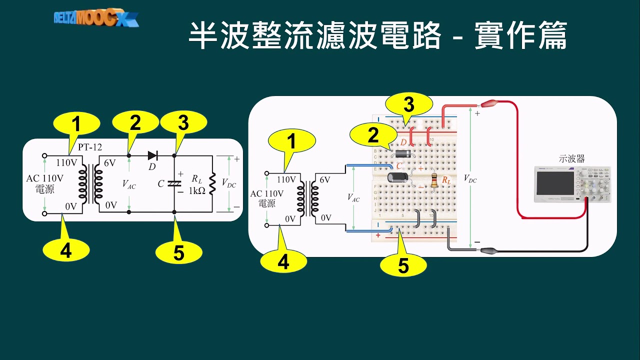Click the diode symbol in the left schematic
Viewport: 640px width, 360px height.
click(153, 155)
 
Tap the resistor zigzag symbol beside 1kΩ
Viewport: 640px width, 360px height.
click(213, 183)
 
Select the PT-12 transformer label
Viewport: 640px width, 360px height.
click(89, 148)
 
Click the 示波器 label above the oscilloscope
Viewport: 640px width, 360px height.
click(571, 159)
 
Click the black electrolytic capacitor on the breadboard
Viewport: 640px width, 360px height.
click(398, 177)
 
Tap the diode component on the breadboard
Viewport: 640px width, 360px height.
click(402, 153)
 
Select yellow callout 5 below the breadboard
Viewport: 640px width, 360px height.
click(403, 265)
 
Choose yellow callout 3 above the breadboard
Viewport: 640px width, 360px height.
click(408, 105)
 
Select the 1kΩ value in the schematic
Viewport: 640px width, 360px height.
click(197, 190)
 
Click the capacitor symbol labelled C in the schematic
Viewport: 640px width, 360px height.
click(173, 183)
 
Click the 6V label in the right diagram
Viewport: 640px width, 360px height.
click(324, 179)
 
